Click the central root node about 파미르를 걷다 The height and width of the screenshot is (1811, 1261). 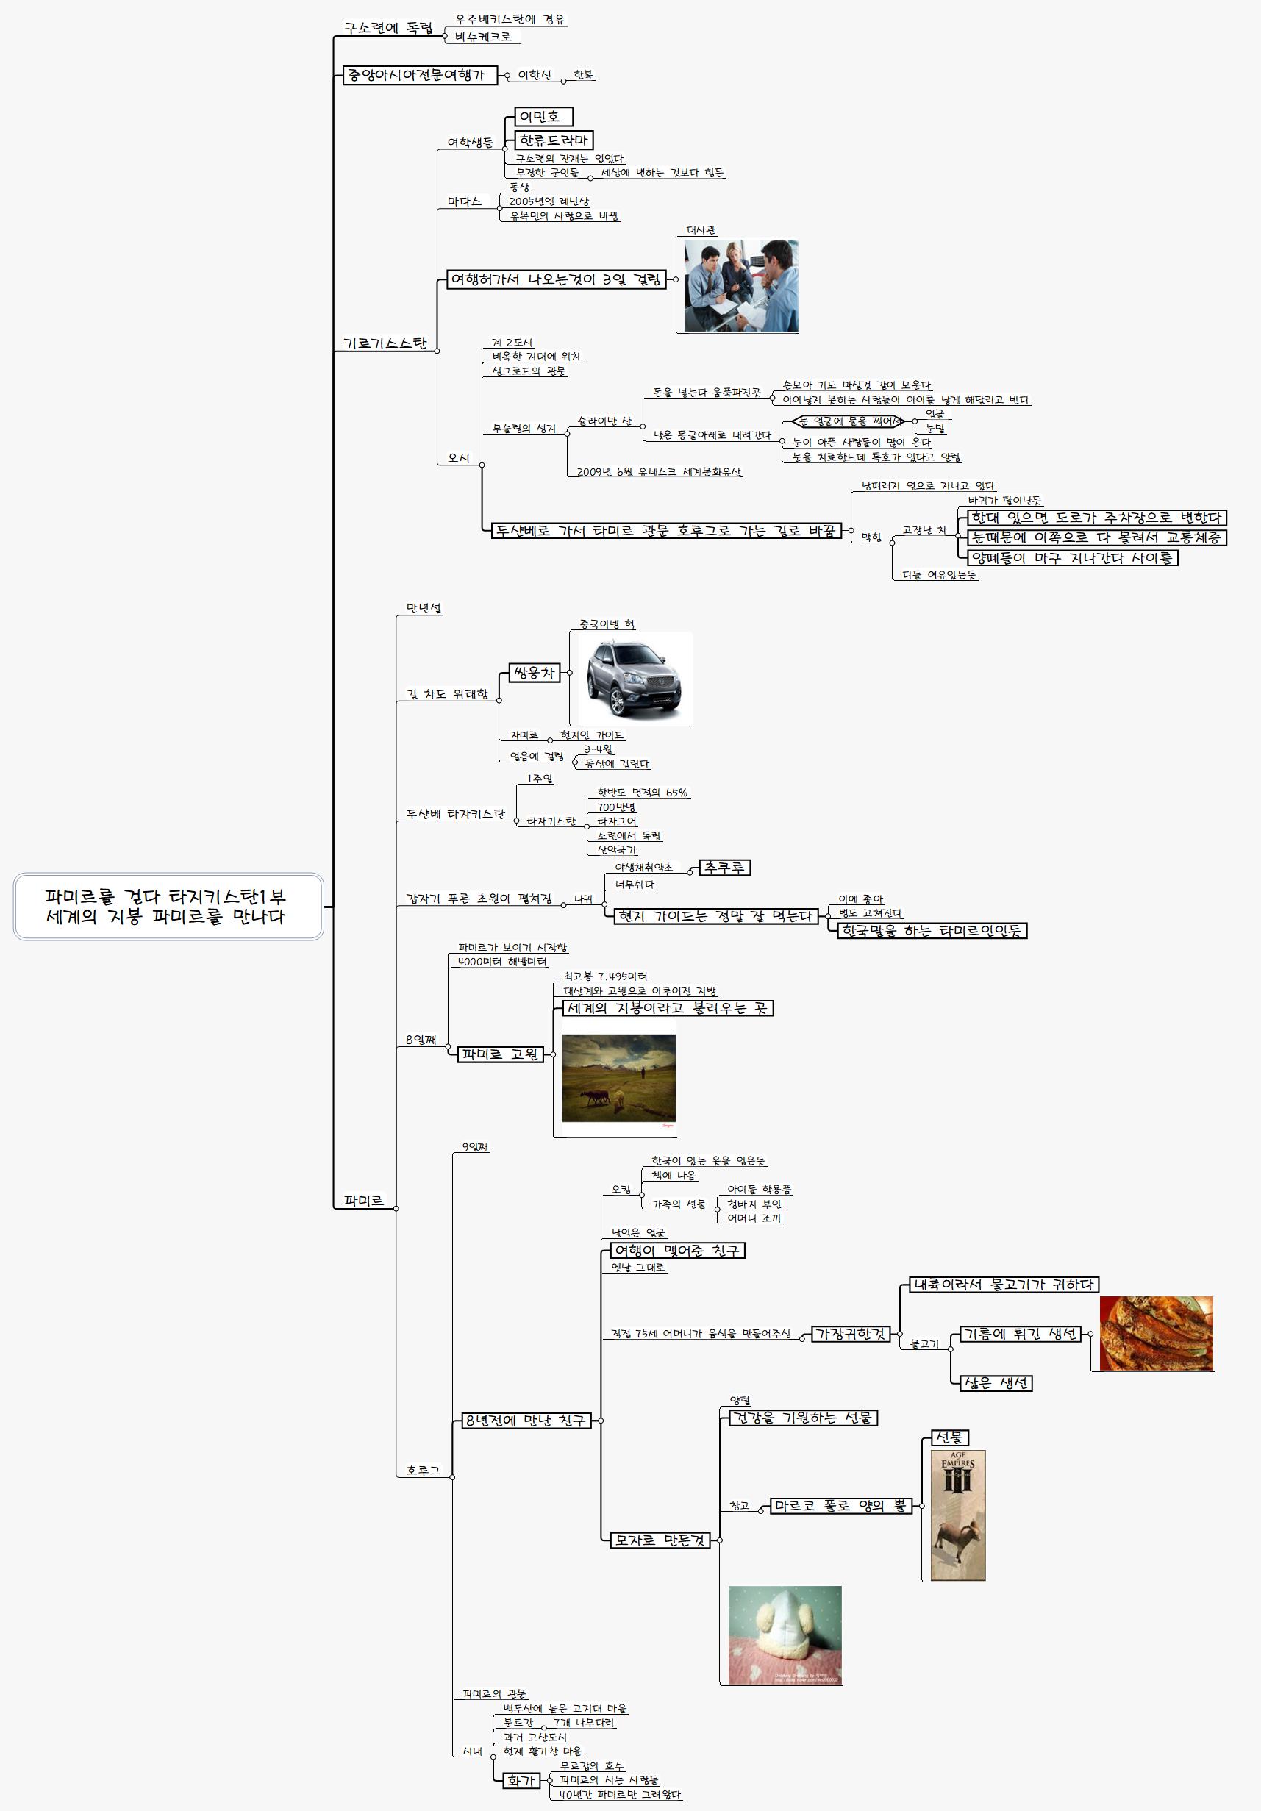tap(168, 907)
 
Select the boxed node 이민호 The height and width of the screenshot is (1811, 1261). tap(543, 117)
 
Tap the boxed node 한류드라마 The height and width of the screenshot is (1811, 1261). tap(553, 140)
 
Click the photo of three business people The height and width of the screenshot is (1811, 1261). tap(740, 285)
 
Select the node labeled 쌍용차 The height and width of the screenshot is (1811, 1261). tap(534, 673)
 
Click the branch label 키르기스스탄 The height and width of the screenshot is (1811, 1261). tap(385, 344)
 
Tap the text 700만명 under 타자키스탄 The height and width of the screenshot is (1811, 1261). tap(616, 807)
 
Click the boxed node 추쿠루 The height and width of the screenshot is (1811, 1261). tap(724, 868)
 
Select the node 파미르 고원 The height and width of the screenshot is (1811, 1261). tap(500, 1054)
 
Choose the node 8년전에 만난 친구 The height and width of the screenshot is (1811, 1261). tap(525, 1421)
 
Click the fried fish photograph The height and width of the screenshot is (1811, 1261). tap(1155, 1333)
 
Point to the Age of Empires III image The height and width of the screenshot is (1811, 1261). tap(957, 1515)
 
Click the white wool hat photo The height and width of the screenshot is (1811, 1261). tap(784, 1635)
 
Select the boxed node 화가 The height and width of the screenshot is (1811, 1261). tap(521, 1780)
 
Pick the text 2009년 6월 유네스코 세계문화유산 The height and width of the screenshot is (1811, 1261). tap(659, 471)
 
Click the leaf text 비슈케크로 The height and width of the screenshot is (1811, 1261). tap(482, 36)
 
